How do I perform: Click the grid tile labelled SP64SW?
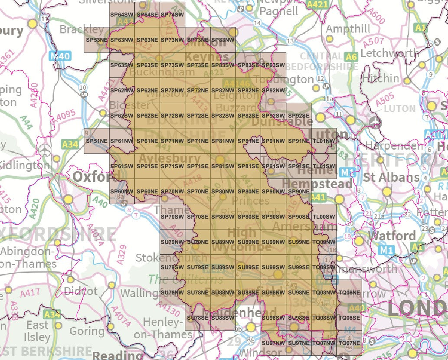pos(122,15)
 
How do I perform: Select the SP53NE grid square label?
pos(96,40)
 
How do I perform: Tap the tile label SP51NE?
pos(96,141)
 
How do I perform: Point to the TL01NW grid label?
pos(324,141)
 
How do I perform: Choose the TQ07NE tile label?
pos(349,343)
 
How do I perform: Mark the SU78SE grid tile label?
pos(198,318)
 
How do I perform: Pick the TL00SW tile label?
pos(324,217)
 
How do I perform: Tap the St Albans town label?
pos(391,177)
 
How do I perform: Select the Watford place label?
pos(392,236)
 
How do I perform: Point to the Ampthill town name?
pos(348,29)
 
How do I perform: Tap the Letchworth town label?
pos(389,53)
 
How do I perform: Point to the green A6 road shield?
pos(351,56)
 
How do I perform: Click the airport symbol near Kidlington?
pos(44,151)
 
